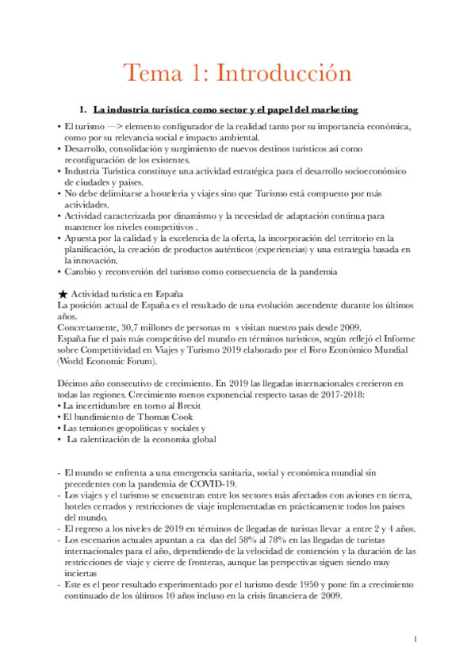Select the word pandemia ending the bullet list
click(x=316, y=272)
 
